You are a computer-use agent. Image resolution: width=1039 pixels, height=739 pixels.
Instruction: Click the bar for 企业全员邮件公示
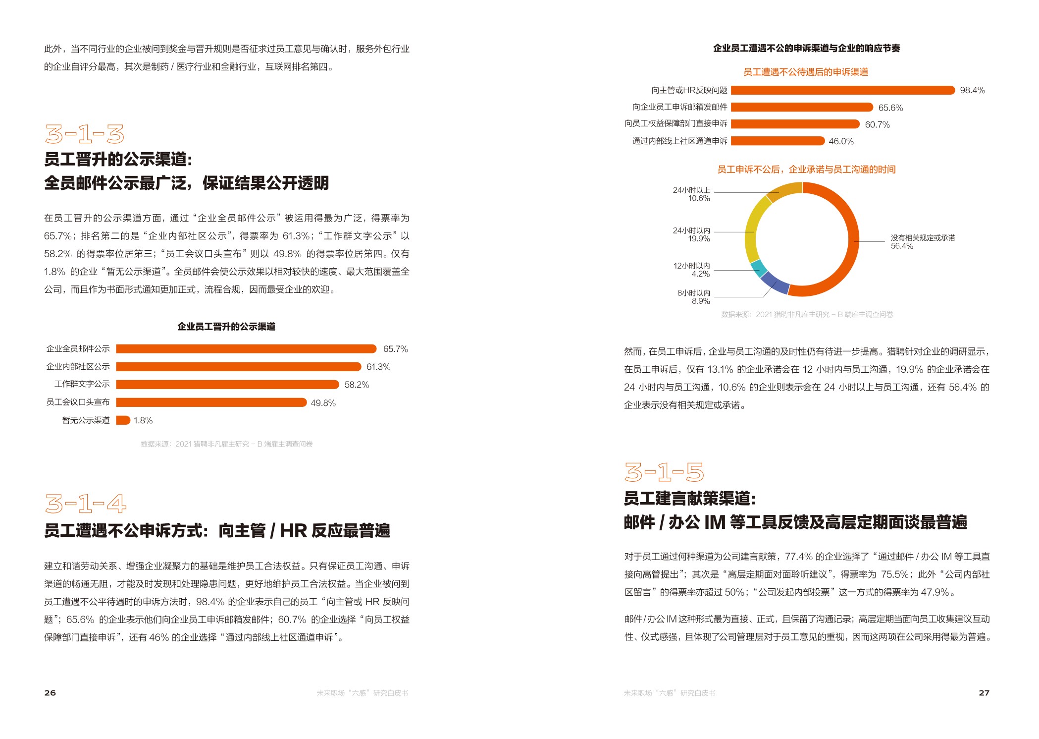point(246,349)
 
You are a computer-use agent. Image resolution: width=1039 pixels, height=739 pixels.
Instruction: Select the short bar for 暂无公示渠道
point(123,420)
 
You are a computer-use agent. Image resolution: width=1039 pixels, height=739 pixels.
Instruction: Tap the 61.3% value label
point(378,367)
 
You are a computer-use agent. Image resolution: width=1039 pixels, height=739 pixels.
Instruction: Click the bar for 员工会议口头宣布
point(211,402)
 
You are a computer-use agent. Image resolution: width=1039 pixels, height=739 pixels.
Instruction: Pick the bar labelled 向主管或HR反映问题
point(842,90)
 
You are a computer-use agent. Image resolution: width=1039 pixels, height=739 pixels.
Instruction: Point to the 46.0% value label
point(841,141)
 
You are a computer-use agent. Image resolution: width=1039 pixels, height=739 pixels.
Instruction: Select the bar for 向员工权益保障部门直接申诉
point(795,124)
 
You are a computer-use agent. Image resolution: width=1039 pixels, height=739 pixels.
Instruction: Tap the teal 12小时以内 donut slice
point(759,268)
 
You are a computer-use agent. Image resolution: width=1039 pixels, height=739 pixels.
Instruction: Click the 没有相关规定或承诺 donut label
point(923,238)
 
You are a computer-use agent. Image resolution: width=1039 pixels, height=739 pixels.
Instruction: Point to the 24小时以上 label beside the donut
point(691,190)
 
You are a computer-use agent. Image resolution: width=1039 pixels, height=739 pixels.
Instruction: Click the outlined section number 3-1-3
point(84,134)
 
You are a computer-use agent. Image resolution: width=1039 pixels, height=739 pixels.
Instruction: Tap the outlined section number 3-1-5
point(664,472)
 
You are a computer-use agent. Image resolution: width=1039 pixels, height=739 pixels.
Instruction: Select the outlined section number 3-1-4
point(85,504)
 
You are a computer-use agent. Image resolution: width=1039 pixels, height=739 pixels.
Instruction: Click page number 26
point(50,693)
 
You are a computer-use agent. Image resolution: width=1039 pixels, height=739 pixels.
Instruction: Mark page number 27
point(984,693)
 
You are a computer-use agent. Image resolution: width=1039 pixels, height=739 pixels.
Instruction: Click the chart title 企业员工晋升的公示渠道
point(226,327)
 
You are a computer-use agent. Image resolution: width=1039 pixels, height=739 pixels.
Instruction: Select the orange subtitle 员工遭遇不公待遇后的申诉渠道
point(805,72)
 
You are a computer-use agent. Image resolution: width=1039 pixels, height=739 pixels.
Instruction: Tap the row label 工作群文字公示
point(82,384)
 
